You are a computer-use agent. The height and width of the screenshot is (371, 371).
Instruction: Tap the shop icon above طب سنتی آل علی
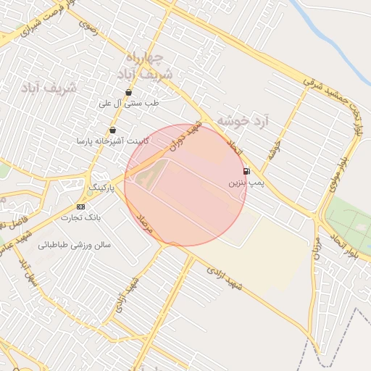coord(128,93)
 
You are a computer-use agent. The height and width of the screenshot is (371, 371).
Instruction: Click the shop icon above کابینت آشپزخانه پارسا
coord(112,130)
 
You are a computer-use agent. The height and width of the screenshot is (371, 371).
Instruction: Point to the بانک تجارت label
coord(80,217)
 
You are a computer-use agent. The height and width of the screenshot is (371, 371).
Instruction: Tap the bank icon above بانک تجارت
coord(80,207)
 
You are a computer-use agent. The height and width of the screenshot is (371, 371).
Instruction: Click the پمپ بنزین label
coord(244,183)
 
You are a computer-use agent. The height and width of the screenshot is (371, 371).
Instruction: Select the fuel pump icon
coord(246,172)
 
